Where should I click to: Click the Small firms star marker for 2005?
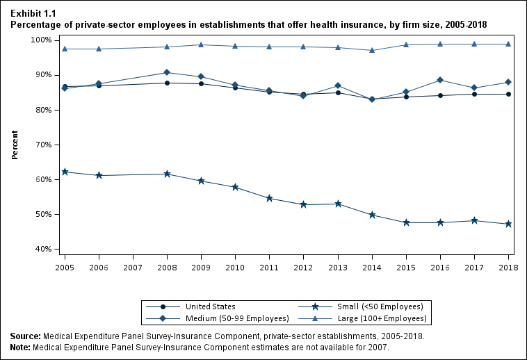tap(65, 172)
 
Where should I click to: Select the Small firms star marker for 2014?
tap(372, 215)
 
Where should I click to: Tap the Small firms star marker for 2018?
tap(508, 224)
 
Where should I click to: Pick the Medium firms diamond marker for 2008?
tap(167, 72)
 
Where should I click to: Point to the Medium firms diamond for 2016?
tap(440, 80)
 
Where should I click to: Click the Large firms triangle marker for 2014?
tap(372, 50)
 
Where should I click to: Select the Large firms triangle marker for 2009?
tap(201, 44)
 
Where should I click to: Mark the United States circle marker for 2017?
tap(474, 94)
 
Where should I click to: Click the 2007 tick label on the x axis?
tap(133, 267)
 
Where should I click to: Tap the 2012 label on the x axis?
tap(304, 267)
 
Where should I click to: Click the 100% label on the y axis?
tap(40, 40)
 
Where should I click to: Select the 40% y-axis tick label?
tap(42, 249)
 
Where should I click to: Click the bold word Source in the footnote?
tap(25, 336)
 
